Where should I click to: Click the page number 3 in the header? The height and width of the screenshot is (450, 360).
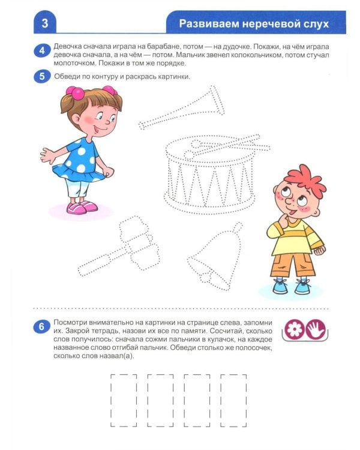[x=45, y=24]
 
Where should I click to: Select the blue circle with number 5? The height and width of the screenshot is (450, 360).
[x=41, y=76]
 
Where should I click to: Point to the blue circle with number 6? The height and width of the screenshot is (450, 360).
[x=41, y=327]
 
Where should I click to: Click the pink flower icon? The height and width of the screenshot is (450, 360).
[x=295, y=329]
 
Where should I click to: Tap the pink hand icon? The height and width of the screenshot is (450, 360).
[x=314, y=329]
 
